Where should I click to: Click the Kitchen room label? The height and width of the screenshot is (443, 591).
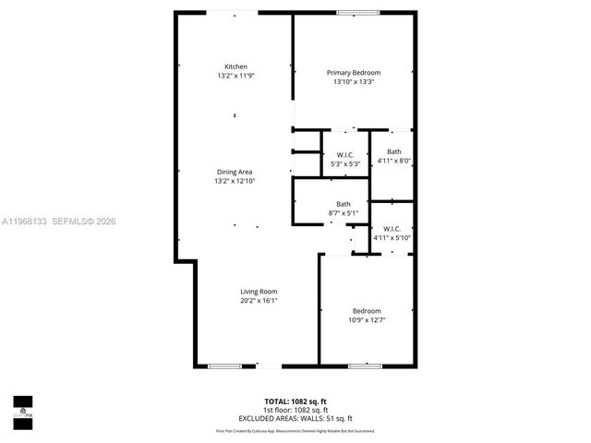coord(235,66)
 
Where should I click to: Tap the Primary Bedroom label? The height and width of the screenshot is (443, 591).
coord(354,73)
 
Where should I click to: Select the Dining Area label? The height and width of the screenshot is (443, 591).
coord(235,172)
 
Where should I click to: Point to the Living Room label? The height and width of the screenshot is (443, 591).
coord(259,292)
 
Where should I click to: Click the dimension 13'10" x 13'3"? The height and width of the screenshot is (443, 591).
coord(354,82)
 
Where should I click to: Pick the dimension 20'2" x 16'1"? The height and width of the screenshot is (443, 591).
coord(259,301)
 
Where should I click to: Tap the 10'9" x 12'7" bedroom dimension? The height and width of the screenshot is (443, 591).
coord(367,320)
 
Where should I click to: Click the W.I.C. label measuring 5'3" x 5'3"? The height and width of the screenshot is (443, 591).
coord(345,155)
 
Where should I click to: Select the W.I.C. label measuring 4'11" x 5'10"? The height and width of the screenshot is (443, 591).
coord(392,229)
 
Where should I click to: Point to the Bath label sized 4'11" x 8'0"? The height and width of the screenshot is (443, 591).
coord(394,151)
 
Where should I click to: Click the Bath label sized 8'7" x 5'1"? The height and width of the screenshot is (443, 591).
coord(344,204)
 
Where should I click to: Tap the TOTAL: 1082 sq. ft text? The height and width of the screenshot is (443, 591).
coord(295,402)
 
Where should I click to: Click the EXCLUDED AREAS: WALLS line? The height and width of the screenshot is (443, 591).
coord(295,418)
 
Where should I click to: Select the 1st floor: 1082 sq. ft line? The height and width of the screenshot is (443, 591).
coord(295,410)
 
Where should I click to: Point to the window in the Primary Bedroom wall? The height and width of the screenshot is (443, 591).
coord(350,13)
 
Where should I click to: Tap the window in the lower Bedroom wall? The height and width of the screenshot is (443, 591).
coord(364,366)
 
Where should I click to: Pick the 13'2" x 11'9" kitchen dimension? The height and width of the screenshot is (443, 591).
coord(235,76)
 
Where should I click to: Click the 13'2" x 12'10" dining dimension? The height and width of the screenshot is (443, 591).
coord(235,181)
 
